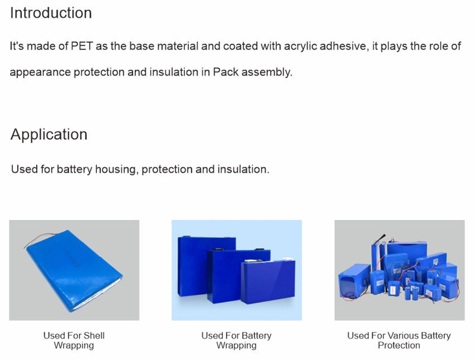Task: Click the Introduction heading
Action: click(51, 13)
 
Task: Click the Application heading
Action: click(49, 135)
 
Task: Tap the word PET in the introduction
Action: click(82, 46)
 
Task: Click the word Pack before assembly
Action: click(225, 72)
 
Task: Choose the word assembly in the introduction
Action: click(267, 73)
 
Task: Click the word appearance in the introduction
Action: click(41, 73)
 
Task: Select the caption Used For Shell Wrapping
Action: click(74, 340)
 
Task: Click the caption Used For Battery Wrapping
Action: click(236, 340)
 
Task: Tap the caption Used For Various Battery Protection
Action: click(399, 340)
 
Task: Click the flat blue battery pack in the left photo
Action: click(74, 271)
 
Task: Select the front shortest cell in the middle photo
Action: click(268, 282)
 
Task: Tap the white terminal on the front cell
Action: click(288, 259)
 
